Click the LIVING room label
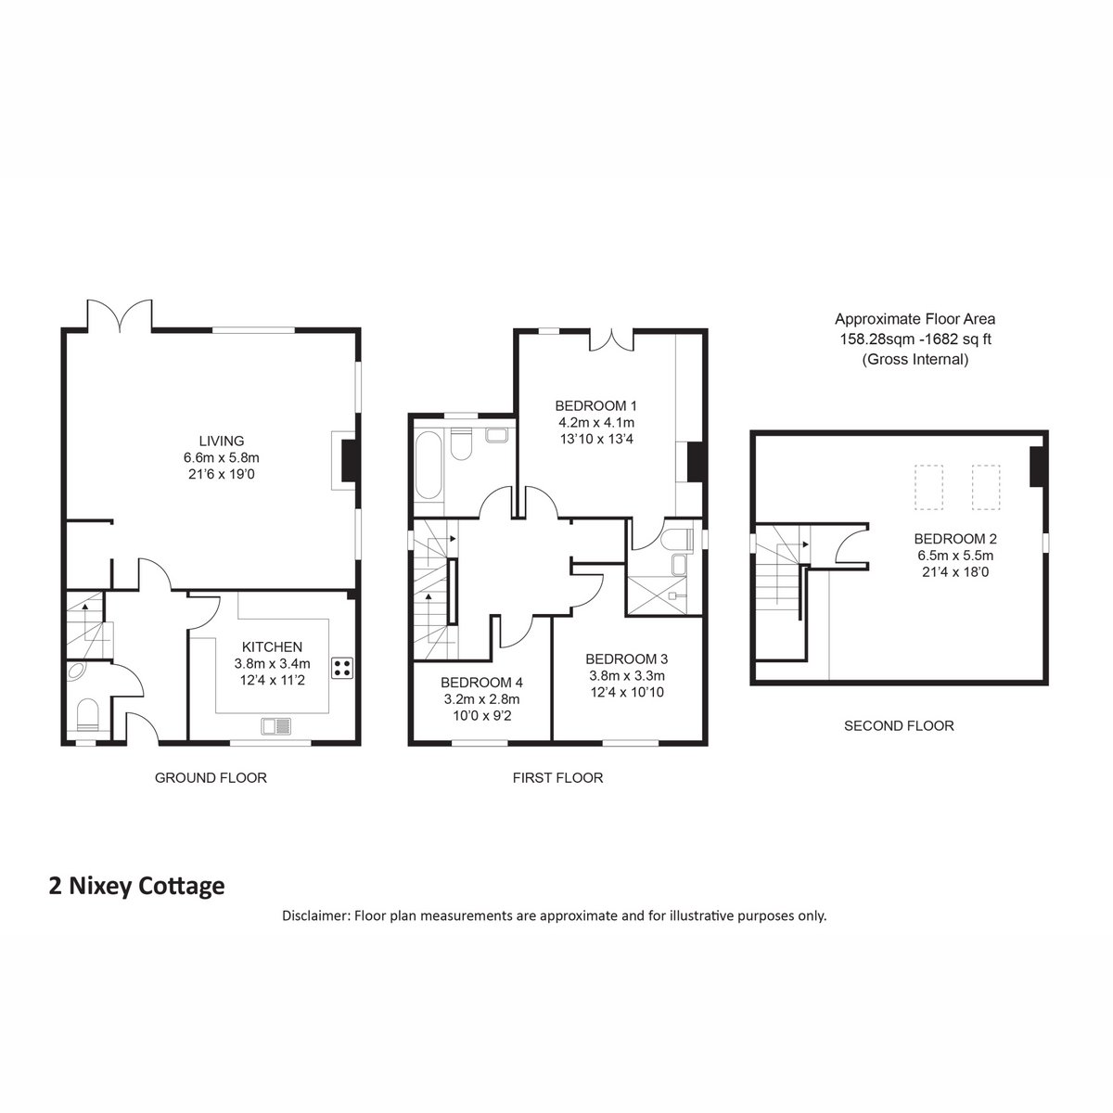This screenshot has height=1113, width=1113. point(222,441)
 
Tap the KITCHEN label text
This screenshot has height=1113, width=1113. point(272,646)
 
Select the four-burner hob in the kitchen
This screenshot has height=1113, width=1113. point(342,668)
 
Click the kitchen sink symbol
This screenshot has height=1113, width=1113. point(276,725)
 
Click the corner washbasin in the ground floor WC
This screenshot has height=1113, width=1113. point(76,672)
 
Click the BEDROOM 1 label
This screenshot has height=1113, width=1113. point(596,405)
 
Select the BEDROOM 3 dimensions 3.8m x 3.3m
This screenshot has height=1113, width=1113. point(627,675)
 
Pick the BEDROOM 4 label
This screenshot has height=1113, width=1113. point(481,683)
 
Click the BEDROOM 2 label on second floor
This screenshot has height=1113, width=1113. point(955,539)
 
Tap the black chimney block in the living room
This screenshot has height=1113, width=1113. point(350,460)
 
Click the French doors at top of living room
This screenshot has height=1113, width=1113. point(120,316)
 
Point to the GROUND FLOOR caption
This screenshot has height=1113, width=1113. point(211,778)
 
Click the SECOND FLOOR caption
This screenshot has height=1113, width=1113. point(899,726)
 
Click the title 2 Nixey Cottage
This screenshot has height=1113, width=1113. point(137,886)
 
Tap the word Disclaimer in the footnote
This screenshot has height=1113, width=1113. point(316,915)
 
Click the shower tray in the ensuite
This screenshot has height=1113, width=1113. point(658,595)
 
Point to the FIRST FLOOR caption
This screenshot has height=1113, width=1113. point(558,778)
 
